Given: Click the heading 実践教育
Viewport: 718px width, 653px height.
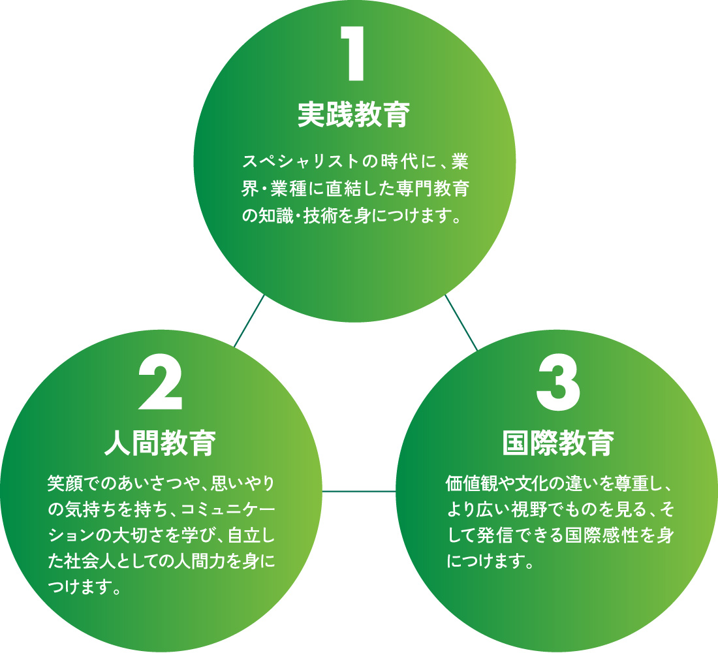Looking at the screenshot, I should [354, 115].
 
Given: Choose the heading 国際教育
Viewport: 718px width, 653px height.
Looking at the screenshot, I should [558, 443].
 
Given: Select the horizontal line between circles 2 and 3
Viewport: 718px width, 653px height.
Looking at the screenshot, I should [359, 490].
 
